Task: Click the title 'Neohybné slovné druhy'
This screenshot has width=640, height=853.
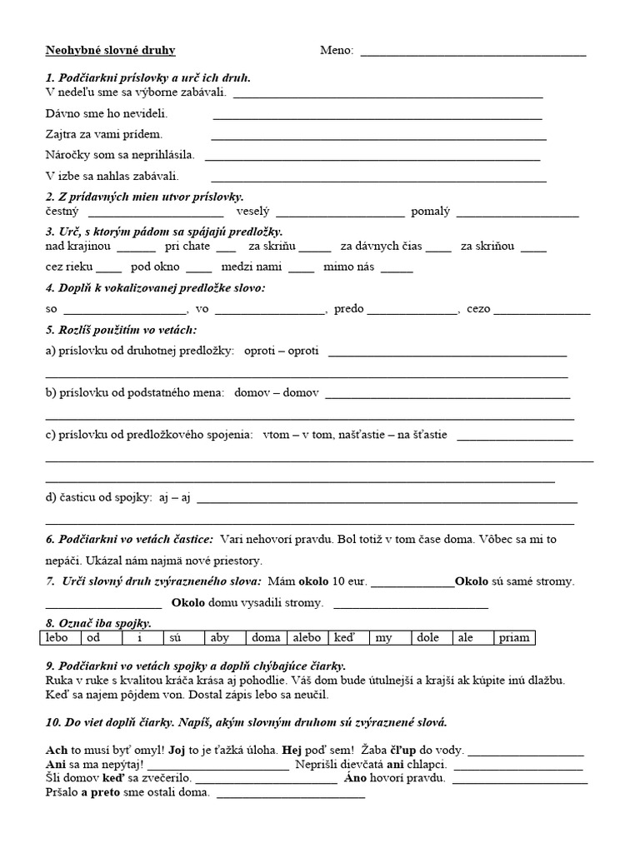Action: [110, 50]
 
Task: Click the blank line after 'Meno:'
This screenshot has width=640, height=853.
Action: [472, 53]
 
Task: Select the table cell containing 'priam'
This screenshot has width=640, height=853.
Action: [514, 638]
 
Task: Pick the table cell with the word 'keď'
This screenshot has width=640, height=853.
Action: [349, 638]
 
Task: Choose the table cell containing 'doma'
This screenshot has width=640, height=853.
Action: [266, 638]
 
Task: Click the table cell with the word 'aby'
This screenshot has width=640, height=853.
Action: [225, 638]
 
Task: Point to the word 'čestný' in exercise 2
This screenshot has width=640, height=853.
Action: [61, 212]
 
